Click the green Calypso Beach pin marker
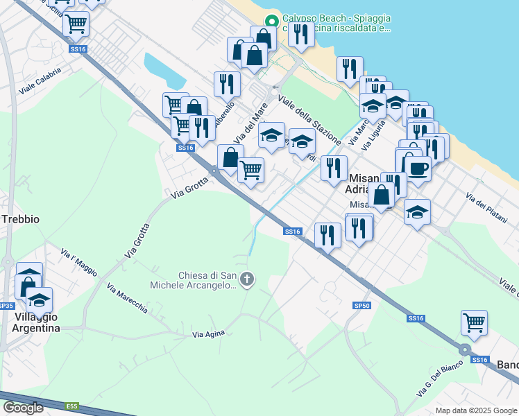271,20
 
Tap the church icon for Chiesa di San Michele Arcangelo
248,279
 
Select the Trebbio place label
20,218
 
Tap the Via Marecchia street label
127,298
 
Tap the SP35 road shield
6,306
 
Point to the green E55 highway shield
72,406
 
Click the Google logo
23,408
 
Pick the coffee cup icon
418,168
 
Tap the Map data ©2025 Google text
476,410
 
